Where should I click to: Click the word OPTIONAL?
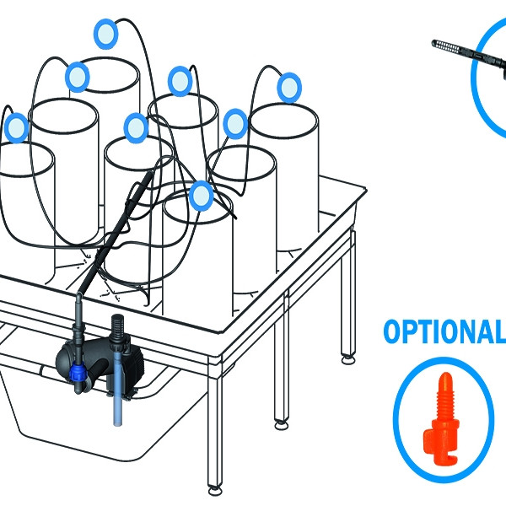tap(444, 331)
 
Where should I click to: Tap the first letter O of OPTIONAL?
tap(392, 331)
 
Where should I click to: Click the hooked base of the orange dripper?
tap(441, 450)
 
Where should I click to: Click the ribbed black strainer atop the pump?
tap(117, 326)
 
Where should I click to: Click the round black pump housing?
tap(69, 358)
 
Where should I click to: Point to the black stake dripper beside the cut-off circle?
tap(469, 57)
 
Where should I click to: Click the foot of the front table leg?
tap(215, 491)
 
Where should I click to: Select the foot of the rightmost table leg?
tap(348, 359)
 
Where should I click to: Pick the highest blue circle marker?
tap(106, 34)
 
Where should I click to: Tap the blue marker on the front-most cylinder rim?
tap(202, 196)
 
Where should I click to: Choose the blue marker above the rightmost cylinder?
tap(289, 88)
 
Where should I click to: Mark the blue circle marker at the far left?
tap(17, 128)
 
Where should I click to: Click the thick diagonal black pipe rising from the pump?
tap(115, 233)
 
